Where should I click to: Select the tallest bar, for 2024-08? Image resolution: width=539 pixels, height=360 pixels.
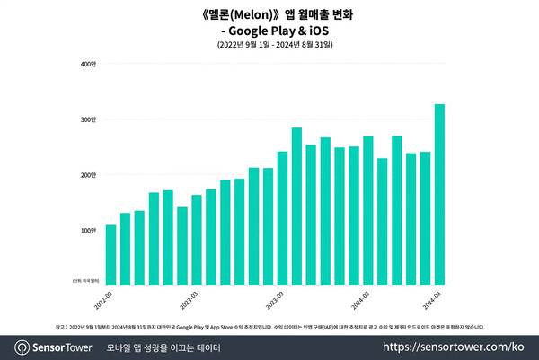point(439,195)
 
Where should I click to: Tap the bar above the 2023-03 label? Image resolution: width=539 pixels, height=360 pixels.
point(197,240)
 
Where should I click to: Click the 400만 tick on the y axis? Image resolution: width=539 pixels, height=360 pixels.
point(88,65)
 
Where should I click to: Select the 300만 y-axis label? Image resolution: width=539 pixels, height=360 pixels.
point(88,119)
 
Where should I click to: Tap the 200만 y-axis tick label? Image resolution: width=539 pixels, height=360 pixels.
point(88,175)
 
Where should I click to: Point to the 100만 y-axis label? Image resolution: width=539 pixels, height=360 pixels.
point(88,231)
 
